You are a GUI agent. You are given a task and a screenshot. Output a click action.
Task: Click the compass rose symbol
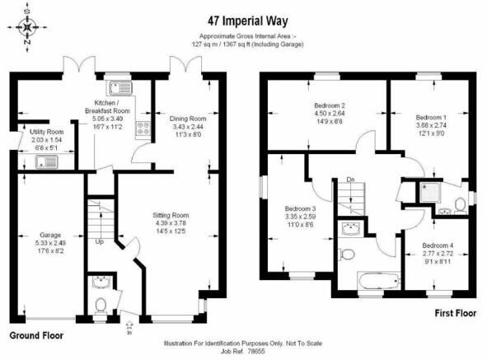[28, 27]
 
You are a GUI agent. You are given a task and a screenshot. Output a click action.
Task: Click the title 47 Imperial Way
[248, 21]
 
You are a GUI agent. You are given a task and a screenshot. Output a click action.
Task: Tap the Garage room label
[50, 235]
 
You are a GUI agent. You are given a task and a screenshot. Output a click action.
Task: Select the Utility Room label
[47, 132]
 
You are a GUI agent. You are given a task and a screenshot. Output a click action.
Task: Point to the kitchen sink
[119, 88]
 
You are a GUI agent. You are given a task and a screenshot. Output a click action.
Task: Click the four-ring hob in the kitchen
[143, 129]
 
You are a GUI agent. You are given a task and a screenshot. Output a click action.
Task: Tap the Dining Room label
[188, 119]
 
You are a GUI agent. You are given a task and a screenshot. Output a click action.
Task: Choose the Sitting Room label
[171, 215]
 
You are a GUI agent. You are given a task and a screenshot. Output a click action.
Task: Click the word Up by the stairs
[100, 241]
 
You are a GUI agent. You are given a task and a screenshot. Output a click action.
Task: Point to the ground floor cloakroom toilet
[101, 305]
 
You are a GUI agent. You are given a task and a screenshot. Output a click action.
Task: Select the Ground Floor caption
[36, 336]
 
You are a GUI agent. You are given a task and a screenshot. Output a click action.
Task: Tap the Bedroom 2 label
[330, 105]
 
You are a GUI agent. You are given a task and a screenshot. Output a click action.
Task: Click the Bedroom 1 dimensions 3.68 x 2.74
[431, 125]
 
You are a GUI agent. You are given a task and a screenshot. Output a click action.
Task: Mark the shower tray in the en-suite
[429, 192]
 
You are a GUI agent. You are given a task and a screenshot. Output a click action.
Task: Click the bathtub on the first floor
[379, 281]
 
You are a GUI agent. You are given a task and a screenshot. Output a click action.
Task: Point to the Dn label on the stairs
[351, 180]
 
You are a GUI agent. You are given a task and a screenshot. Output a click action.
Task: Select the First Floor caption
[456, 313]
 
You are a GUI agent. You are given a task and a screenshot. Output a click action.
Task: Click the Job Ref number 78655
[256, 352]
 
